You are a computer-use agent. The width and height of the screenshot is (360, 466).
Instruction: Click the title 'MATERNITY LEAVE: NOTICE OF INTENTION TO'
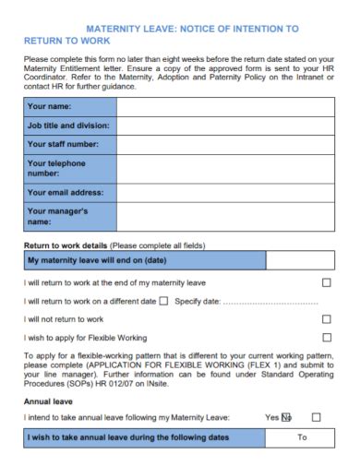(x=192, y=30)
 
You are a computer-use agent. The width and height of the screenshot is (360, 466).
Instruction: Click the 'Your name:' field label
(x=53, y=105)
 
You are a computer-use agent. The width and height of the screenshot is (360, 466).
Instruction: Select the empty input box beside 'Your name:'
(x=226, y=105)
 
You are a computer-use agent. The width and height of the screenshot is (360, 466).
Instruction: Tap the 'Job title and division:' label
(x=69, y=125)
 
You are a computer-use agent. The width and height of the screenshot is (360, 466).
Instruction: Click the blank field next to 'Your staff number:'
(x=226, y=144)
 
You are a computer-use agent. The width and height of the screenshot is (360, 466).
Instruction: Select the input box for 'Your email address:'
(x=226, y=192)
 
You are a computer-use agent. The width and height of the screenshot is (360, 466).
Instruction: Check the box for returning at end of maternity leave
(x=326, y=282)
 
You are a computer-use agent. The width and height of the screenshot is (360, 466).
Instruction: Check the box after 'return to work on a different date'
(x=163, y=300)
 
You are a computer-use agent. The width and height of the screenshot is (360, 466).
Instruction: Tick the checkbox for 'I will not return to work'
(x=326, y=318)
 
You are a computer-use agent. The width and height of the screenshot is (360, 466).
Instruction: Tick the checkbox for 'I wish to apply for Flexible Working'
(x=326, y=337)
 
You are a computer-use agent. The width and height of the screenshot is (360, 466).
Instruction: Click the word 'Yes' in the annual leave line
(x=271, y=417)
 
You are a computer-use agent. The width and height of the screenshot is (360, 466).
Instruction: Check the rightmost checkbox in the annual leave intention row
(x=318, y=417)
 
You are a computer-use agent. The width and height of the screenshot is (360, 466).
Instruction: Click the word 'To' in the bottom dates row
(x=302, y=436)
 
